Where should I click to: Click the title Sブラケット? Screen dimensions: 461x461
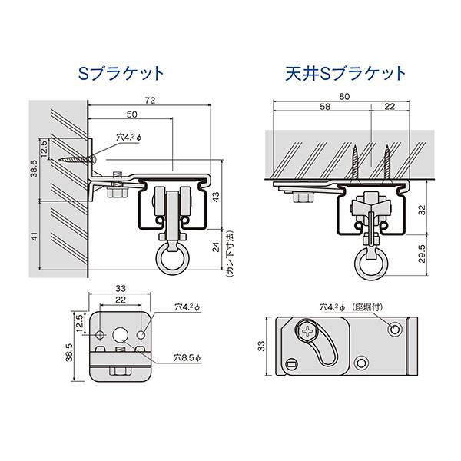click(121, 73)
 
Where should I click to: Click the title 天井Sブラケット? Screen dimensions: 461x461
click(346, 73)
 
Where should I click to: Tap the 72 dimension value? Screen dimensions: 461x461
click(150, 101)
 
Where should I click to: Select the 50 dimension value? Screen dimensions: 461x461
click(131, 114)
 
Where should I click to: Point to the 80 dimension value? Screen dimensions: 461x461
click(344, 97)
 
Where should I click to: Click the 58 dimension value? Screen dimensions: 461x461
click(325, 107)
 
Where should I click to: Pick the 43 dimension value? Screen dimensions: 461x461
click(216, 197)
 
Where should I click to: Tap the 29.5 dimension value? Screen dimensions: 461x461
click(422, 254)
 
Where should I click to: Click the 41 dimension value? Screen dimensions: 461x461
click(35, 236)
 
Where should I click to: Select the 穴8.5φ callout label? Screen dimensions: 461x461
click(187, 358)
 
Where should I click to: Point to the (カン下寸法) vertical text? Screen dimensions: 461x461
click(230, 254)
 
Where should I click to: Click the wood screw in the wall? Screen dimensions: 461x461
click(77, 160)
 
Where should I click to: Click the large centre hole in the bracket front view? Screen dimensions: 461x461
click(121, 335)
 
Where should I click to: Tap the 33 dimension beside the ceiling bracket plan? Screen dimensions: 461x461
click(261, 346)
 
